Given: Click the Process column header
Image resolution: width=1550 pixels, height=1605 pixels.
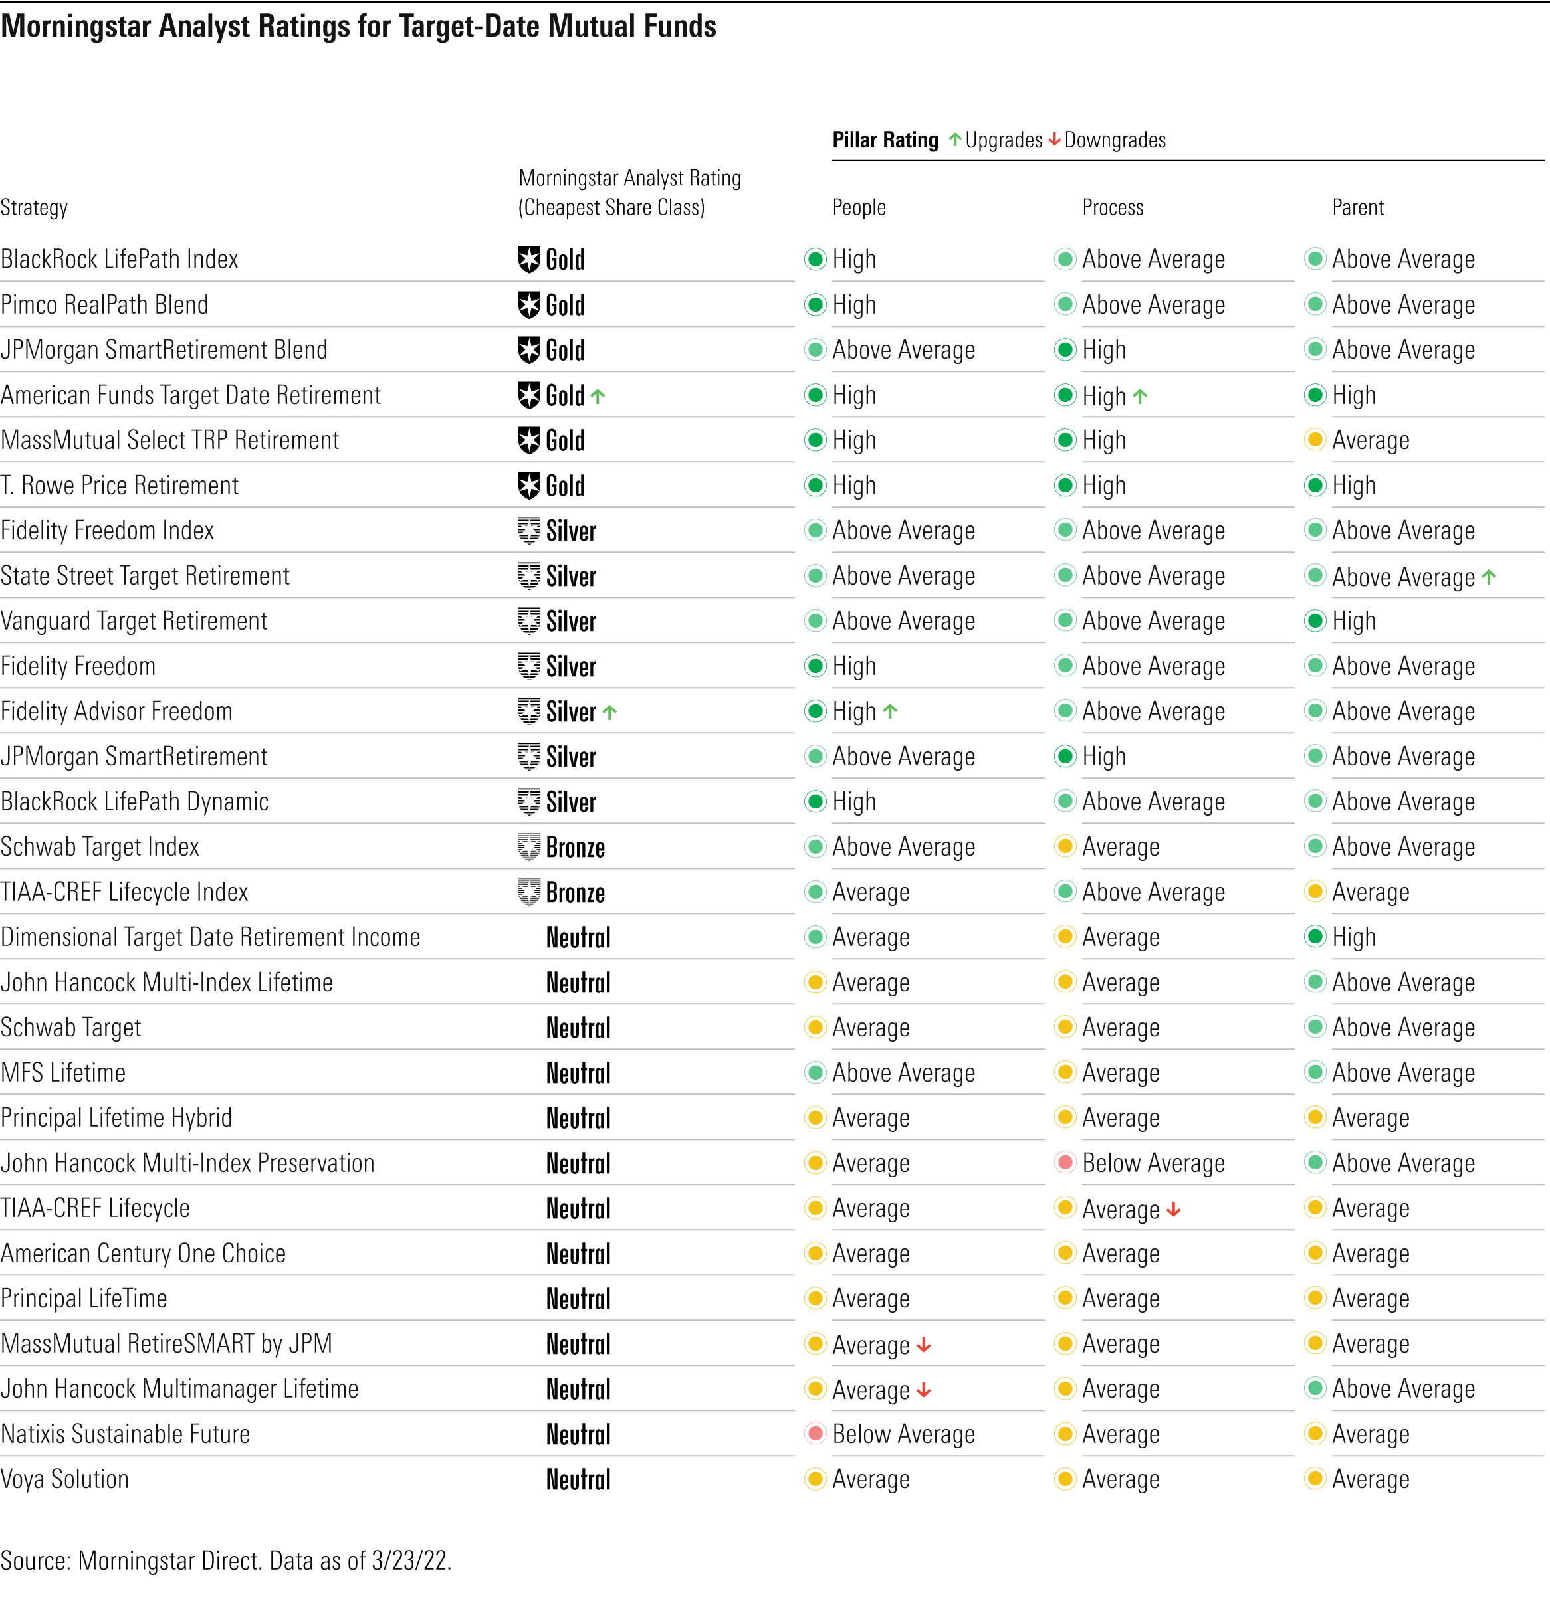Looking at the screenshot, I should (x=1112, y=208).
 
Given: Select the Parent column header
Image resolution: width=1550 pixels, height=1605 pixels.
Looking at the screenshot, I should (x=1357, y=208).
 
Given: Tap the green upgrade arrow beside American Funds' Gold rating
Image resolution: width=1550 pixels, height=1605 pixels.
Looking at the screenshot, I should (x=598, y=397).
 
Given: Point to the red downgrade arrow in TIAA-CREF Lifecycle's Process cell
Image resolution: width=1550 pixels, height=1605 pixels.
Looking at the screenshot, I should (x=1173, y=1210).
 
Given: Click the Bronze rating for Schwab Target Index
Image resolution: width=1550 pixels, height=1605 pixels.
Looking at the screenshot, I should (x=575, y=848).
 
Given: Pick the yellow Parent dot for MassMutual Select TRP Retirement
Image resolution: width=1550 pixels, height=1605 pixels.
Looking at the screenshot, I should (x=1315, y=440).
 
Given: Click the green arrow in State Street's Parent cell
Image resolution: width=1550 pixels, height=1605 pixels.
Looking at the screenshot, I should (x=1489, y=577).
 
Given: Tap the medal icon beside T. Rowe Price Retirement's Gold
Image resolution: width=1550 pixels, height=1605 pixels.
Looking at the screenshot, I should (x=529, y=486).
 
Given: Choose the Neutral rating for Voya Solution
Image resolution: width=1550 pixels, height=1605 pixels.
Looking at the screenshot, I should (x=578, y=1479).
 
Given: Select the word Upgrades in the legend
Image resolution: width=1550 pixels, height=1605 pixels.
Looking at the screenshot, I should (x=1003, y=141).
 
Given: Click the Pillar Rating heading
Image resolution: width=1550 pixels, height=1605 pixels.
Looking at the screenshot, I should (x=885, y=141).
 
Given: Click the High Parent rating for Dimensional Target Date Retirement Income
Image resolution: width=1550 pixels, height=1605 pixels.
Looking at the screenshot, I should (x=1353, y=937).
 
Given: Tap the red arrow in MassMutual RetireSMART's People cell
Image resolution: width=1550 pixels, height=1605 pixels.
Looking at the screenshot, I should (x=923, y=1345).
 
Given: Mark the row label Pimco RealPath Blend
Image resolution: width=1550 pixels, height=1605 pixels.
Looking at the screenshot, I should (x=104, y=306).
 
